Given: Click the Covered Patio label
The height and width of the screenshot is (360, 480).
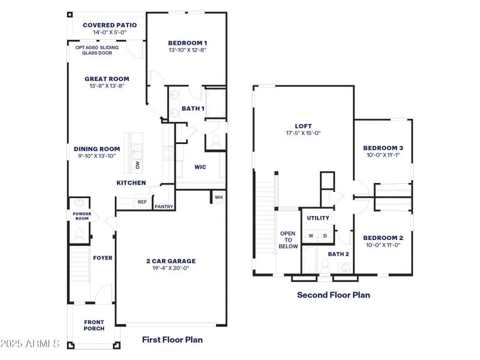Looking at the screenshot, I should pyautogui.click(x=110, y=25).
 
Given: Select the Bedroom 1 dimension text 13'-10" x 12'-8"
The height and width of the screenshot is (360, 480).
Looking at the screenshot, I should pyautogui.click(x=187, y=50).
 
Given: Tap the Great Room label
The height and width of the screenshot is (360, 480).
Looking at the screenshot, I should pyautogui.click(x=107, y=79).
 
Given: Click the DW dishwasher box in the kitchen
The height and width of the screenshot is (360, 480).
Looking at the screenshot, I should pyautogui.click(x=137, y=164).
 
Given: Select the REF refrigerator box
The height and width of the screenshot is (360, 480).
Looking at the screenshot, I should pyautogui.click(x=142, y=202).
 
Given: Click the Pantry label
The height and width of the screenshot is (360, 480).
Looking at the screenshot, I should pyautogui.click(x=164, y=207).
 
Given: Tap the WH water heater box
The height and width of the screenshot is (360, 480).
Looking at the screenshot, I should pyautogui.click(x=218, y=197).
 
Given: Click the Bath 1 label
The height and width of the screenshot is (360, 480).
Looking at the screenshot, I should pyautogui.click(x=193, y=109).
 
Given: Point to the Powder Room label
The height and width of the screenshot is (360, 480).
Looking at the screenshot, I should pyautogui.click(x=81, y=216).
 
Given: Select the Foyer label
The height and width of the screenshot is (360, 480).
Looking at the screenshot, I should pyautogui.click(x=103, y=258).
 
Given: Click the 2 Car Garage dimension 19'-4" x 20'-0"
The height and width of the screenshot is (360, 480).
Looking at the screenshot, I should pyautogui.click(x=171, y=269).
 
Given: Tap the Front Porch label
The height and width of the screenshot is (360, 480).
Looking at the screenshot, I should pyautogui.click(x=94, y=325).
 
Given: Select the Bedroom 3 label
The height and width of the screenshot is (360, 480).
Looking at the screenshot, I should pyautogui.click(x=383, y=148).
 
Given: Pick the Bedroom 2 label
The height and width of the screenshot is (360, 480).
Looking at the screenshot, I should pyautogui.click(x=383, y=238).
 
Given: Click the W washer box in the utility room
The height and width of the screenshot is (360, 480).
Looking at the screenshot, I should pyautogui.click(x=311, y=236).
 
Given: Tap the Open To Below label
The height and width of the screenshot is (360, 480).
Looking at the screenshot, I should pyautogui.click(x=289, y=239).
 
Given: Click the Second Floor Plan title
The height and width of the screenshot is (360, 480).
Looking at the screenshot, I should pyautogui.click(x=334, y=295).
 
